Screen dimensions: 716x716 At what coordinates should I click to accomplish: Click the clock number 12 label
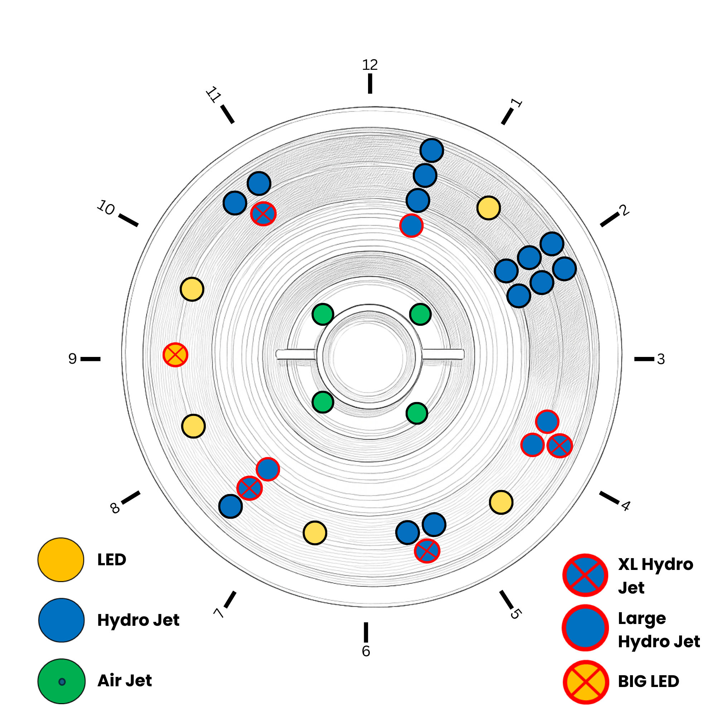pyautogui.click(x=369, y=65)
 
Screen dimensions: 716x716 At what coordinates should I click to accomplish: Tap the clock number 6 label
pyautogui.click(x=366, y=651)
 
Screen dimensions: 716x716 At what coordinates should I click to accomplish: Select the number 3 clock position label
pyautogui.click(x=661, y=359)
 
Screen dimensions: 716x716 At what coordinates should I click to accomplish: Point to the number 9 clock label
pyautogui.click(x=73, y=358)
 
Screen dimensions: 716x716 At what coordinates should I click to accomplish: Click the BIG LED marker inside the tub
pyautogui.click(x=175, y=355)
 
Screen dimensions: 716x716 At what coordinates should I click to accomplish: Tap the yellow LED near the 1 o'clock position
pyautogui.click(x=488, y=208)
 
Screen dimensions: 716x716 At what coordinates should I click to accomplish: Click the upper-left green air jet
pyautogui.click(x=323, y=314)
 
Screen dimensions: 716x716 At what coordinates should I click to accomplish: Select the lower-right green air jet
pyautogui.click(x=417, y=413)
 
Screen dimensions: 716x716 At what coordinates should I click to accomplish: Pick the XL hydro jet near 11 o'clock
pyautogui.click(x=263, y=213)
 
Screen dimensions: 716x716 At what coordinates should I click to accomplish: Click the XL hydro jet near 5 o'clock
pyautogui.click(x=427, y=551)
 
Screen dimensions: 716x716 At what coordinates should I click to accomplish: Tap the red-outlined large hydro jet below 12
pyautogui.click(x=411, y=225)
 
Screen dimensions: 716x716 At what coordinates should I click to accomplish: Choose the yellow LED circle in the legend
pyautogui.click(x=61, y=560)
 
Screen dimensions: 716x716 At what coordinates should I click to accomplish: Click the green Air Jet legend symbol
pyautogui.click(x=62, y=681)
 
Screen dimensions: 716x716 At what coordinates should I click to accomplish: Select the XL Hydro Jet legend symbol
pyautogui.click(x=585, y=575)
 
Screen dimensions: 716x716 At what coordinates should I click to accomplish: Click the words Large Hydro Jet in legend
pyautogui.click(x=659, y=630)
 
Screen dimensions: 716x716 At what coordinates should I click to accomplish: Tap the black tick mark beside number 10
pyautogui.click(x=128, y=220)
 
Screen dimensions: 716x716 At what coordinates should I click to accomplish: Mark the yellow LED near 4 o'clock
pyautogui.click(x=501, y=502)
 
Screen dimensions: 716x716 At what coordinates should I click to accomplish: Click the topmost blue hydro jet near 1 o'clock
pyautogui.click(x=432, y=150)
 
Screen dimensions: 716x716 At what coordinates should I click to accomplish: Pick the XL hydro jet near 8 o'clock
pyautogui.click(x=250, y=488)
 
